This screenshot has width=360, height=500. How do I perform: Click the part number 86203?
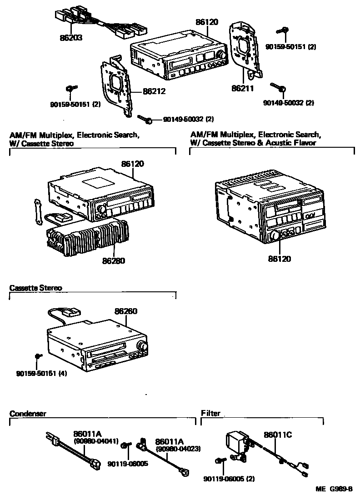[70, 39]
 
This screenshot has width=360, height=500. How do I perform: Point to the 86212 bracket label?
[154, 91]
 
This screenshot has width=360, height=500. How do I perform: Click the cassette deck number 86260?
[126, 311]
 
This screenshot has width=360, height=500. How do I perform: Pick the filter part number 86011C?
[278, 435]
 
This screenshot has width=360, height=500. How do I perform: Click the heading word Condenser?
[28, 413]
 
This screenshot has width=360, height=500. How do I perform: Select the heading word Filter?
[210, 413]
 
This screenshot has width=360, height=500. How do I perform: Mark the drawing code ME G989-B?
[334, 489]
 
